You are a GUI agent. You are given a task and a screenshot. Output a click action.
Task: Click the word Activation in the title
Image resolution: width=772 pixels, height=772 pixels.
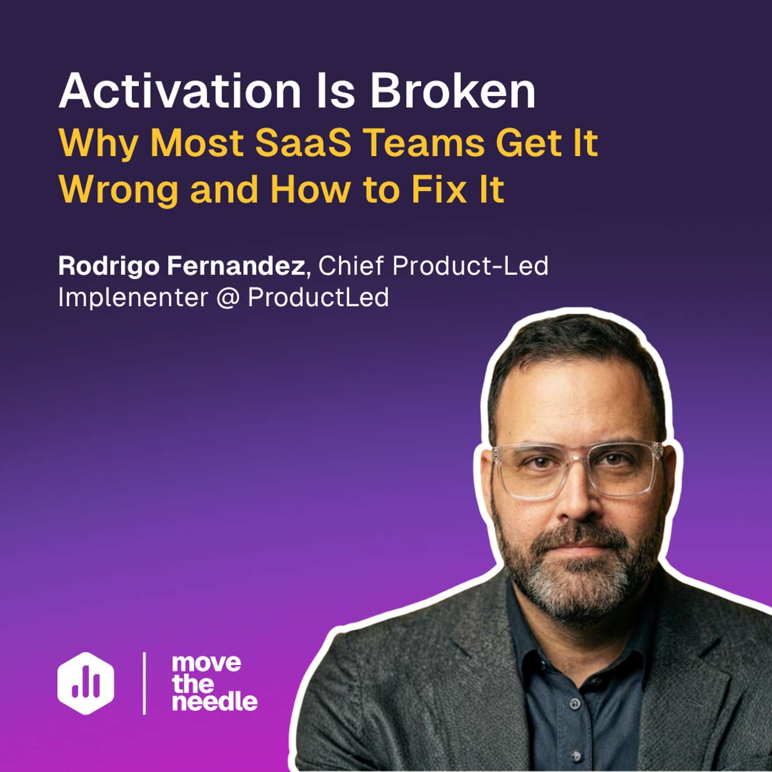180,91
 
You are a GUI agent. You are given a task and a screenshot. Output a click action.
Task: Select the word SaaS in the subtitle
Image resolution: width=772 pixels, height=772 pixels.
303,143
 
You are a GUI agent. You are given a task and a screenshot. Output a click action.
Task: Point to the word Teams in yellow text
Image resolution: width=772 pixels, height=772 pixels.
424,143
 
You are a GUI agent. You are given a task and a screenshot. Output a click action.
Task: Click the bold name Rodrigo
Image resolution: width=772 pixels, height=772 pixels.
109,266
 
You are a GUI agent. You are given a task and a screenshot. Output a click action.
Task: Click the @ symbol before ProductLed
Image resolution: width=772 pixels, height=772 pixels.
228,298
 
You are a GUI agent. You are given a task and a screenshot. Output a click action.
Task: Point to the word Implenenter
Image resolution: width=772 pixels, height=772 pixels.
133,298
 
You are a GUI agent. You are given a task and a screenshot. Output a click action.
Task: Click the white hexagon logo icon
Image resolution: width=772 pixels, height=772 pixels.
86,683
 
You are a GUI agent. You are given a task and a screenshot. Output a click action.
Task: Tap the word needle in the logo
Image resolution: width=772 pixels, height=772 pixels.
215,702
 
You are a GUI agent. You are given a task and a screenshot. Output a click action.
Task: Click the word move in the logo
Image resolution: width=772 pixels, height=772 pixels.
206,663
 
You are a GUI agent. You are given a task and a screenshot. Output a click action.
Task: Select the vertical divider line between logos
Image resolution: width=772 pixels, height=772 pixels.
144,683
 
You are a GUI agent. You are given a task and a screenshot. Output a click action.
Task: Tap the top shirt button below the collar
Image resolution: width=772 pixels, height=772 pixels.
575,704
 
